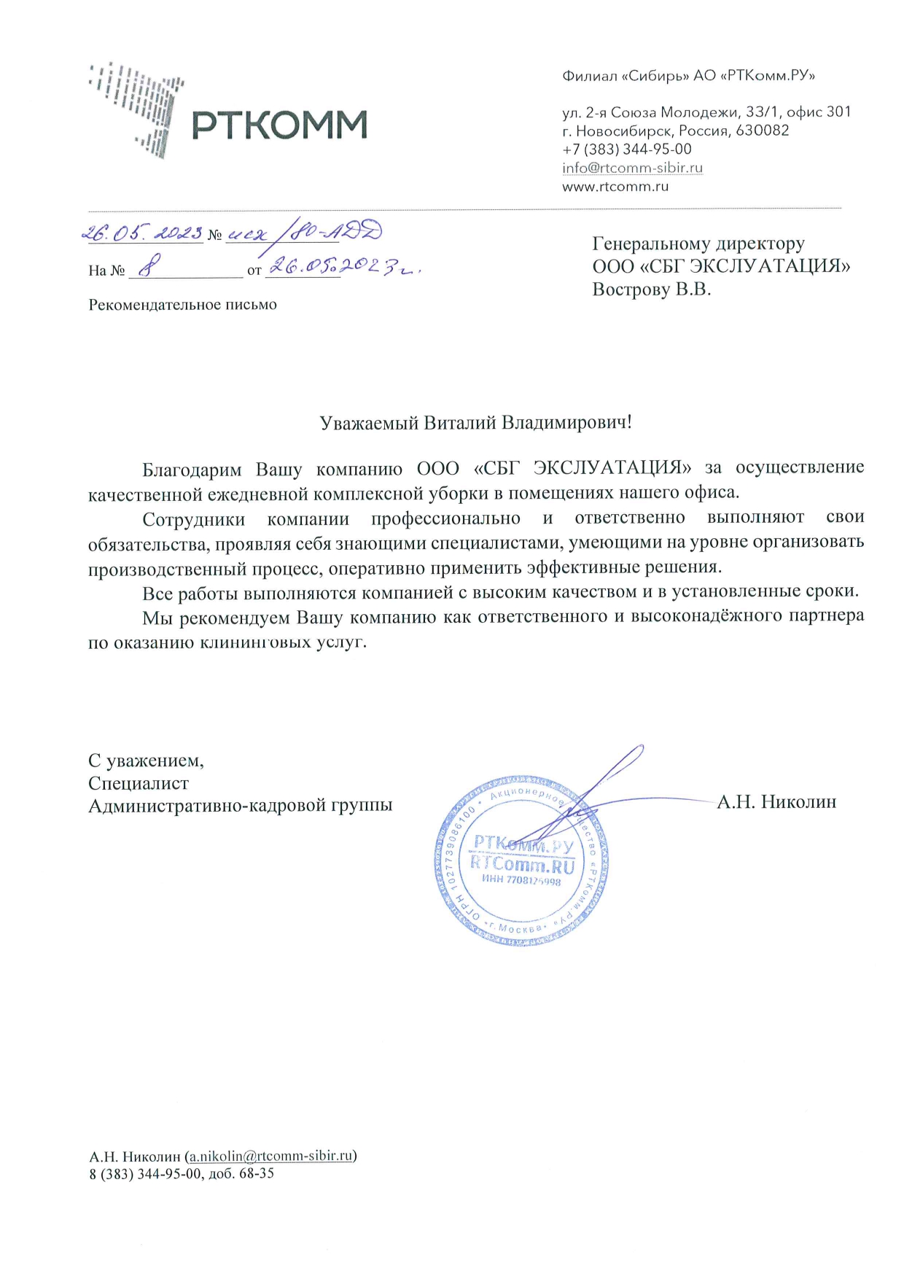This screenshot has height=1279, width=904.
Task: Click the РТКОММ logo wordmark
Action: pyautogui.click(x=279, y=125)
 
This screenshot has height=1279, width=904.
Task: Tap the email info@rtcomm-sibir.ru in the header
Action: pyautogui.click(x=632, y=168)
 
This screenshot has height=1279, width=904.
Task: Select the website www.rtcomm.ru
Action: pyautogui.click(x=615, y=187)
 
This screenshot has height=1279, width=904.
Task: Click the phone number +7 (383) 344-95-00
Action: pyautogui.click(x=626, y=149)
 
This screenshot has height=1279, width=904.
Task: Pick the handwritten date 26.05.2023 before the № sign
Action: pyautogui.click(x=141, y=233)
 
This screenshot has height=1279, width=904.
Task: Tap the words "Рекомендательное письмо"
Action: pyautogui.click(x=182, y=305)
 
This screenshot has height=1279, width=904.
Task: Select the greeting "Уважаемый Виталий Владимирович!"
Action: pyautogui.click(x=475, y=423)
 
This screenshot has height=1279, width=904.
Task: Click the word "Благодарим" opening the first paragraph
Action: pyautogui.click(x=191, y=468)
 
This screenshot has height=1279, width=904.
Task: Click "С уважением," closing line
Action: pyautogui.click(x=146, y=761)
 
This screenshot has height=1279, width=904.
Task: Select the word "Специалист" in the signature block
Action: pyautogui.click(x=138, y=783)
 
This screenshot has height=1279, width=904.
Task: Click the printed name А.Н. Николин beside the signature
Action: pyautogui.click(x=776, y=802)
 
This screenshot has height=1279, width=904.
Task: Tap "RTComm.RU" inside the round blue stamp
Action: pyautogui.click(x=522, y=866)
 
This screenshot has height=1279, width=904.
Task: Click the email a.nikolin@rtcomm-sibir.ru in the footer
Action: pyautogui.click(x=271, y=1156)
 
